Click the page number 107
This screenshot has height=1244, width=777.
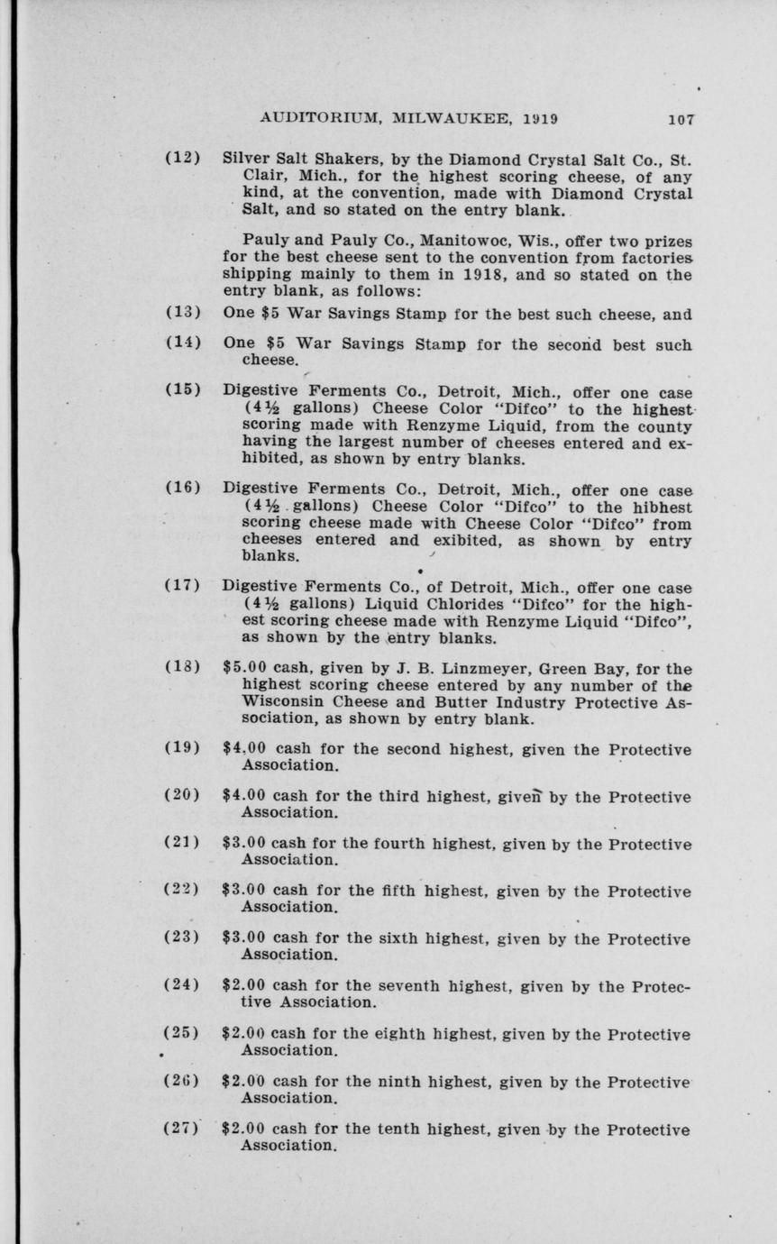(x=681, y=118)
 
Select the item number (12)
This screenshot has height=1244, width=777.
(x=182, y=158)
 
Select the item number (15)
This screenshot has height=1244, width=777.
(x=182, y=393)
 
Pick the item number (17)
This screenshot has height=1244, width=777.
(x=182, y=585)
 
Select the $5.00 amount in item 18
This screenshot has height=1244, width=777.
(x=243, y=669)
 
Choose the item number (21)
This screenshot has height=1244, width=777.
(x=182, y=845)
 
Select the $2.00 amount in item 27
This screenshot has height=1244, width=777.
(x=243, y=1130)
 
